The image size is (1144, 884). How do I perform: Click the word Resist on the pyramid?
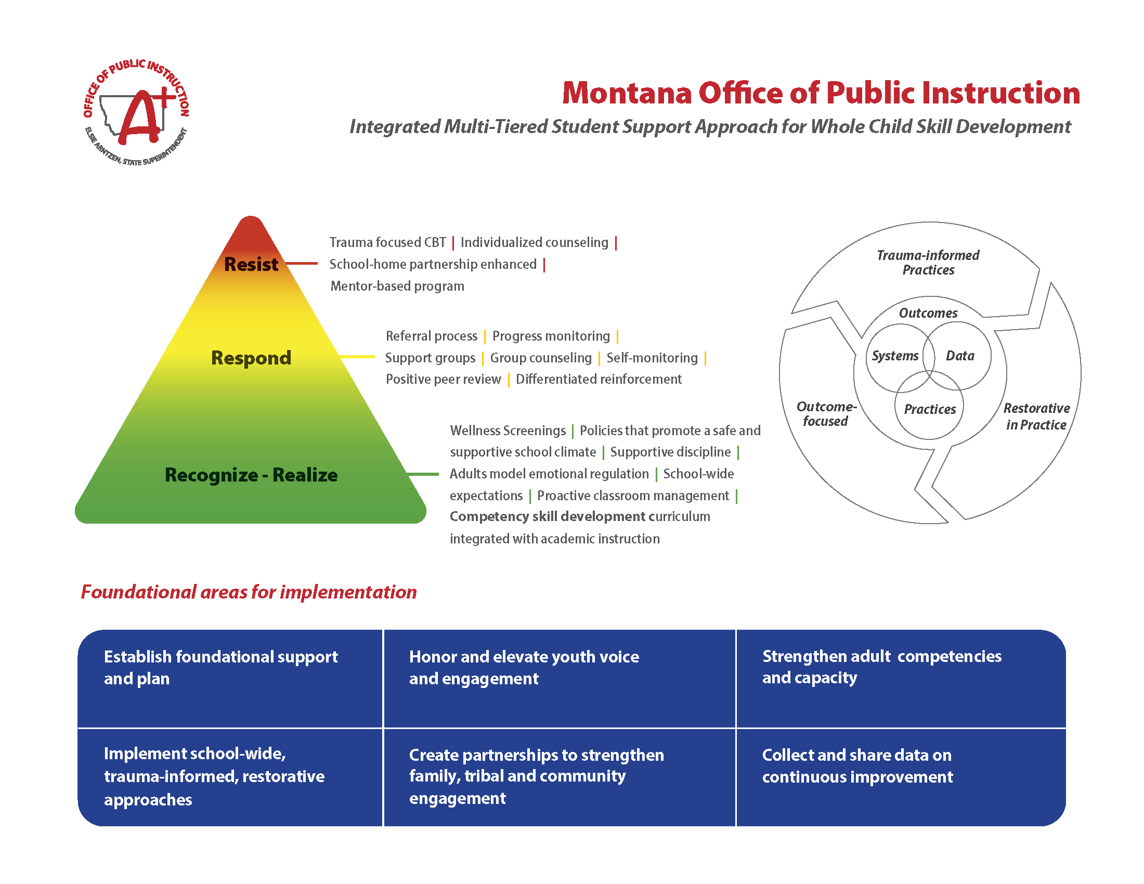(x=251, y=265)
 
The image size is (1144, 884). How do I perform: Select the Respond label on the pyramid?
(x=251, y=358)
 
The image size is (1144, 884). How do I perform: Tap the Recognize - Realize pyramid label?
(x=251, y=475)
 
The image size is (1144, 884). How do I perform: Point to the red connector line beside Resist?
(x=302, y=264)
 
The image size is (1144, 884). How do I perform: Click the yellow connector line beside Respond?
(x=357, y=357)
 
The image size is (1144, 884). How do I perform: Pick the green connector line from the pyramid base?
(x=423, y=474)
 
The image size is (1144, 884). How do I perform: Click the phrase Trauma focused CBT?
(x=387, y=242)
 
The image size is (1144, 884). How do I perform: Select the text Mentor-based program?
(x=397, y=286)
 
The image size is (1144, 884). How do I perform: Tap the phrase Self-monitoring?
(x=652, y=358)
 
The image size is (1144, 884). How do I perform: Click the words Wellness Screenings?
(x=508, y=431)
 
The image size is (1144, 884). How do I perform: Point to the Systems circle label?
(x=895, y=356)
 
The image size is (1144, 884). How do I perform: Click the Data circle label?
(x=959, y=356)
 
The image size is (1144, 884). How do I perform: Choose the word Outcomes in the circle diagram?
(x=928, y=313)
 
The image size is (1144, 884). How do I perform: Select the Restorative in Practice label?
(x=1036, y=417)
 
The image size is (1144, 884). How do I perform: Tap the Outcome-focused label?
(x=826, y=414)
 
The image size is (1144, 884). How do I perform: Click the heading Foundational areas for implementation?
(x=249, y=592)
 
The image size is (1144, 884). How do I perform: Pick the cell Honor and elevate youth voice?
(x=524, y=668)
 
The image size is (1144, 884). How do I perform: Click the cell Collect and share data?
(x=857, y=765)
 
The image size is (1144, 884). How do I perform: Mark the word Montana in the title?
(x=627, y=93)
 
